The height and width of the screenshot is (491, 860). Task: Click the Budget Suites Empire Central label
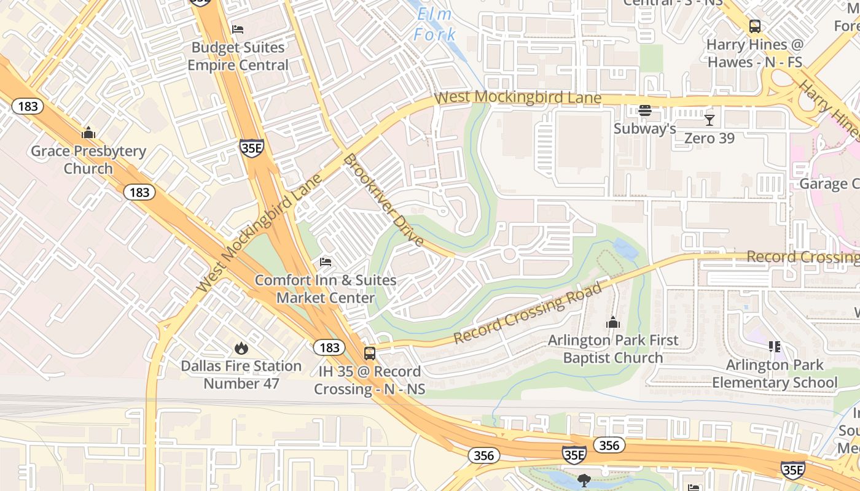point(238,56)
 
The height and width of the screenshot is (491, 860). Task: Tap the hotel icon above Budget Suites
point(238,29)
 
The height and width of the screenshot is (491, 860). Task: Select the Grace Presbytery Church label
point(88,160)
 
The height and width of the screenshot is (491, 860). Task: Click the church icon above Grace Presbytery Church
point(88,133)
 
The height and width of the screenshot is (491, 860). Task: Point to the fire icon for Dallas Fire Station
point(241,348)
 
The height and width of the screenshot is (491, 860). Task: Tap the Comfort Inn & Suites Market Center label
point(326,289)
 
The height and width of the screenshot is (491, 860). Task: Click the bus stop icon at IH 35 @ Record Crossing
point(370,353)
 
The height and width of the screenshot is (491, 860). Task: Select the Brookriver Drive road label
point(384,200)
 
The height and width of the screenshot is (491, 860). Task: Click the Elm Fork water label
point(435,25)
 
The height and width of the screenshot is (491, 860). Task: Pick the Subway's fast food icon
point(644,111)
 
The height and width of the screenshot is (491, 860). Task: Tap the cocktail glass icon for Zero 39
point(709,120)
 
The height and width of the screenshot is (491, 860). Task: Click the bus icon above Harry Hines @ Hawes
point(755,26)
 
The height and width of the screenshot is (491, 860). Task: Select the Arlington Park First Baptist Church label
point(613,349)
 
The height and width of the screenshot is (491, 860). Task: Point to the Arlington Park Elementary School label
point(775,374)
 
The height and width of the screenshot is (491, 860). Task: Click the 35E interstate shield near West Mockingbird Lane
point(252,148)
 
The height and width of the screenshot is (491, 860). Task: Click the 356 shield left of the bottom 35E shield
point(483,455)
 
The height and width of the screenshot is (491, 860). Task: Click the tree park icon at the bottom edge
point(584,481)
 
